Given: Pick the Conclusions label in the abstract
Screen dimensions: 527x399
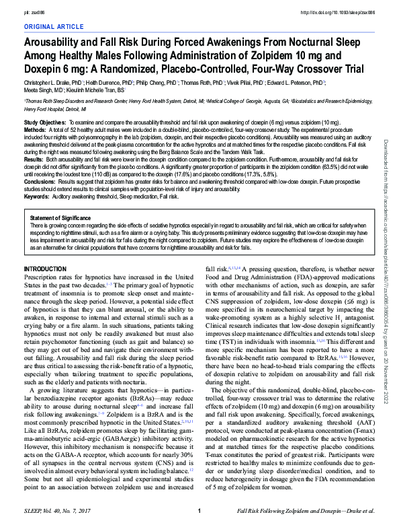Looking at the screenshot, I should pos(40,182).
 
